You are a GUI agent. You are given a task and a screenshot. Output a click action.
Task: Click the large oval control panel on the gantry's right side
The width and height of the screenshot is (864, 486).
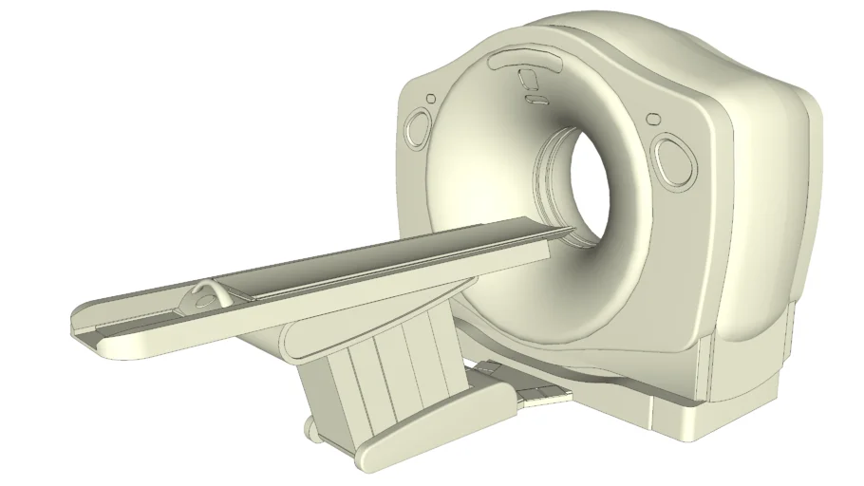point(675,158)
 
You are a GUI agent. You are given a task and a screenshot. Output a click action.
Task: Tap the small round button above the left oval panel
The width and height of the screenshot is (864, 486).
point(431,98)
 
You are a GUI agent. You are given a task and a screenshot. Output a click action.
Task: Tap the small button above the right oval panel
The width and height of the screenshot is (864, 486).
point(653,119)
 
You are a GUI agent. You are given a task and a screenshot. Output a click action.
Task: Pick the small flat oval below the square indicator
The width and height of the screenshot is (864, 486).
point(535,97)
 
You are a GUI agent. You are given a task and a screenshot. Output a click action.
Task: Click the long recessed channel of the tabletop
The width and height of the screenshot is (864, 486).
point(380,261)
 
